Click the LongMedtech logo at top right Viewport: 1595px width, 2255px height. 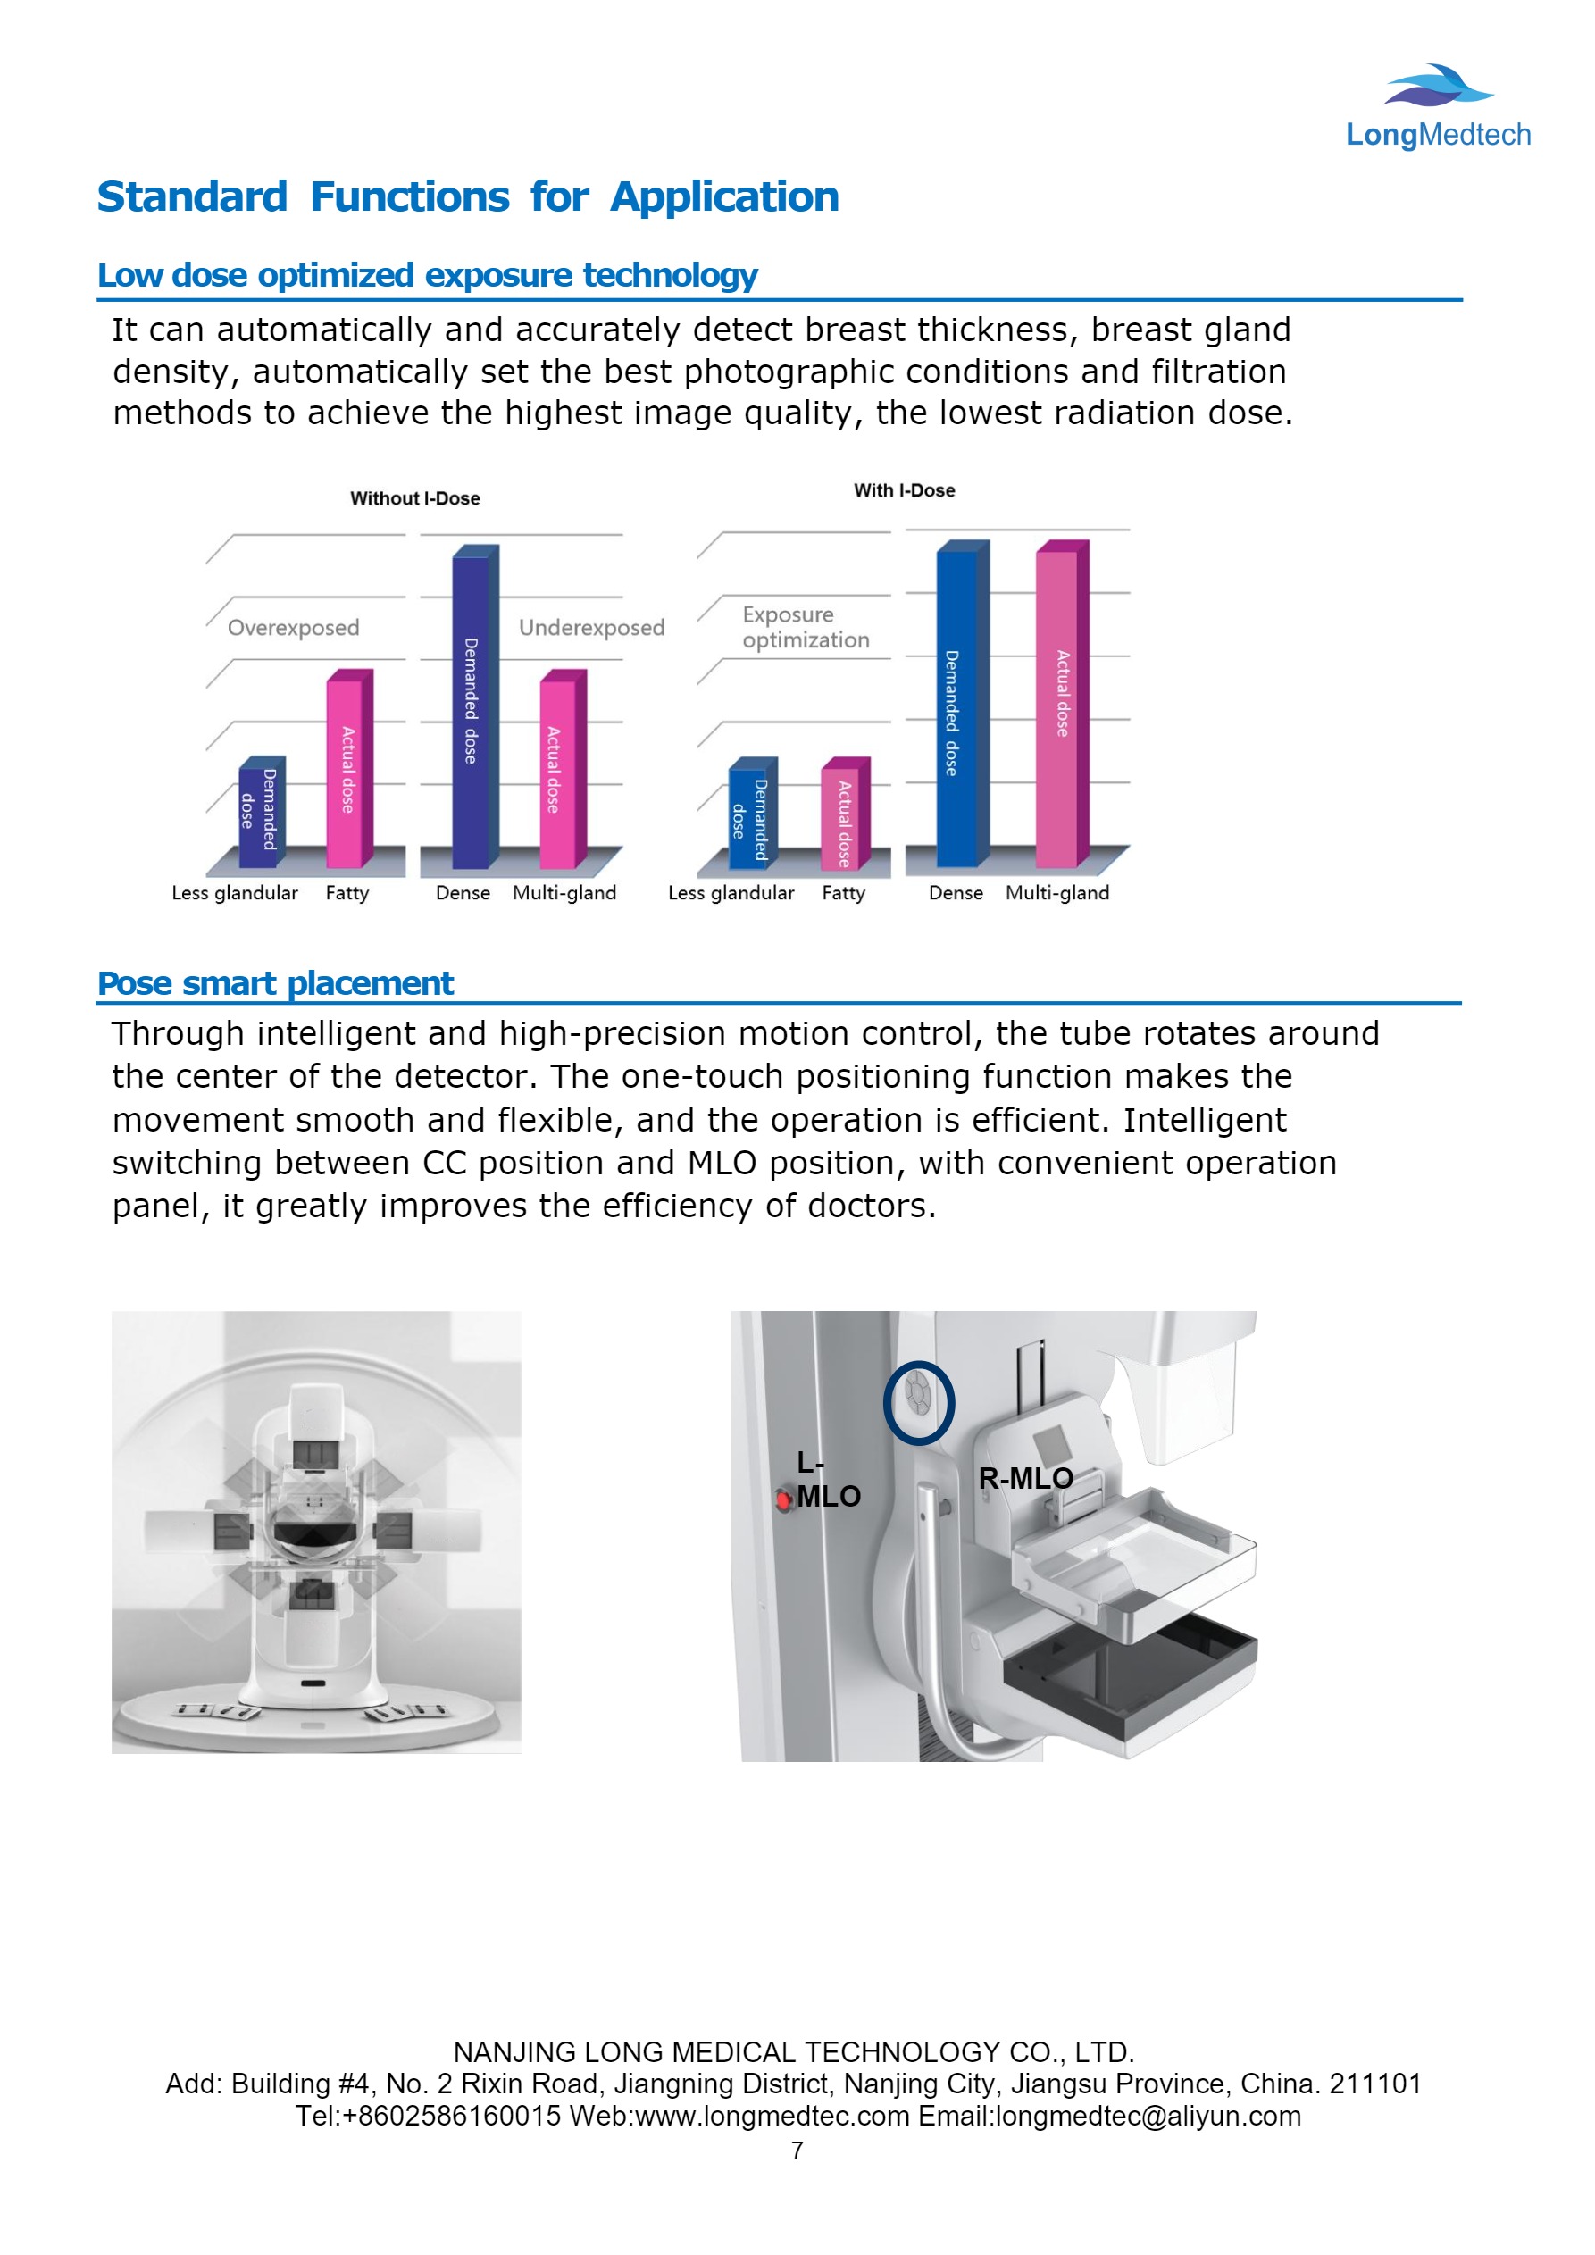(x=1437, y=108)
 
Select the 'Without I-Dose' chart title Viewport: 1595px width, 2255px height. (x=414, y=499)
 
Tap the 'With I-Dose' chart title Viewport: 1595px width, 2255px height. (x=904, y=490)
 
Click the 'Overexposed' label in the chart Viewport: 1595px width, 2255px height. (x=293, y=628)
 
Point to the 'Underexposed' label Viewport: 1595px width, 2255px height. (x=591, y=628)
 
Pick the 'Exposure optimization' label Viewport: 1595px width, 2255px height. (x=806, y=627)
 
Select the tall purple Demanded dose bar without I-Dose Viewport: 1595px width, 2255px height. (x=472, y=707)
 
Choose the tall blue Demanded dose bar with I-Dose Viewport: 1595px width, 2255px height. (x=956, y=707)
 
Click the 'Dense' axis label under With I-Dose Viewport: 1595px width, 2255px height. (x=956, y=893)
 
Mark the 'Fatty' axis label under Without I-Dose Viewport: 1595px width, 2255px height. (x=347, y=893)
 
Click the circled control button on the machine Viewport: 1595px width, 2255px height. (x=918, y=1401)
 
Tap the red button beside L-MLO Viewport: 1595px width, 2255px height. (x=783, y=1499)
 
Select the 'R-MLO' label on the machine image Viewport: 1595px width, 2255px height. (x=1025, y=1478)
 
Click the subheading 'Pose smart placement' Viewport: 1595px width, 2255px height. (x=275, y=983)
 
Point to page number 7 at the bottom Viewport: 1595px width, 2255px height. (x=797, y=2151)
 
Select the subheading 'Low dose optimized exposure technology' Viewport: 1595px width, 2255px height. (x=427, y=275)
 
